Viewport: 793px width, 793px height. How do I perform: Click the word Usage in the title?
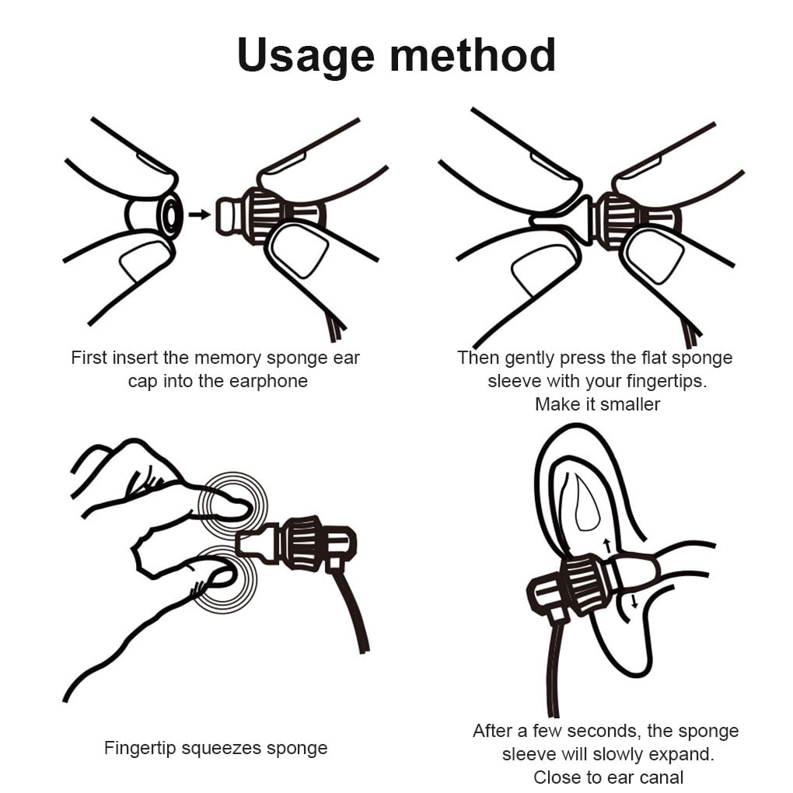[306, 57]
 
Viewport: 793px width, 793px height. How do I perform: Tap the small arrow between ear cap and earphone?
[199, 215]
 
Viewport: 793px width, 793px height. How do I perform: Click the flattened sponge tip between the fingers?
[562, 221]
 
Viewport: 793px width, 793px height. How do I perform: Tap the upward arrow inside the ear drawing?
[607, 546]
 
